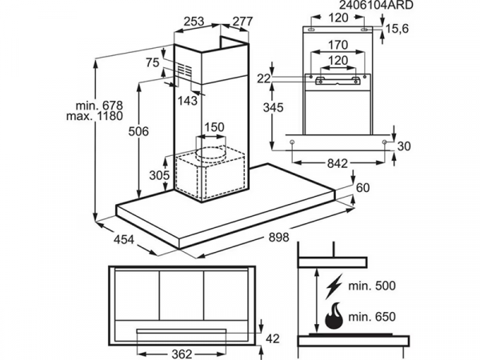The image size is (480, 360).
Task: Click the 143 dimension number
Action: [188, 100]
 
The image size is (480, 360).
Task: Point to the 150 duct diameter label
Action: [213, 128]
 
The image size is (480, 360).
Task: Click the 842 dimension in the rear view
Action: [338, 162]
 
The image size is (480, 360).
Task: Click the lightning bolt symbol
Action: [333, 284]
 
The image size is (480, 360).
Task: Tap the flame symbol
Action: [333, 317]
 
